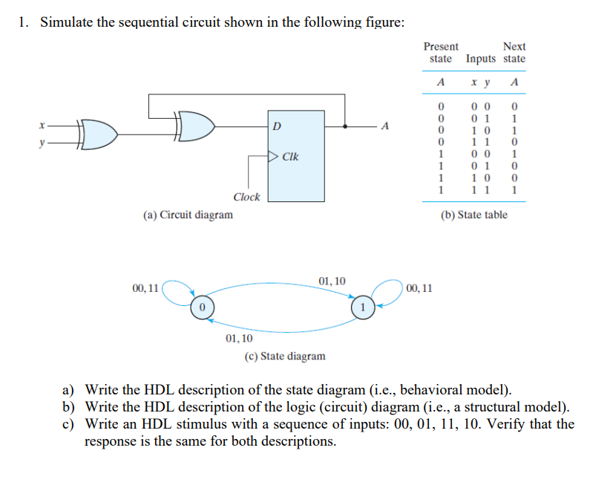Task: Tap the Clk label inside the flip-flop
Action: click(290, 157)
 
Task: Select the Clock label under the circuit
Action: click(246, 197)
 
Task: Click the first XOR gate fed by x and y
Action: click(99, 132)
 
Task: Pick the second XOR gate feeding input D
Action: click(194, 126)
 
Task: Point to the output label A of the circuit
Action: click(384, 126)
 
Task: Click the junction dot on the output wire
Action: click(345, 126)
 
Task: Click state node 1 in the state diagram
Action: click(361, 306)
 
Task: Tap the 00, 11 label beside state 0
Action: click(145, 287)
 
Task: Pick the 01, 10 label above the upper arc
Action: click(332, 281)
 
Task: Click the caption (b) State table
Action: click(473, 215)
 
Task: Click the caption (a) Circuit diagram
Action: click(188, 215)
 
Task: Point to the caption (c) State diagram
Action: click(285, 356)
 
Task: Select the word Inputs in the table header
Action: click(481, 59)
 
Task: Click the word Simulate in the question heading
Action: click(66, 22)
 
